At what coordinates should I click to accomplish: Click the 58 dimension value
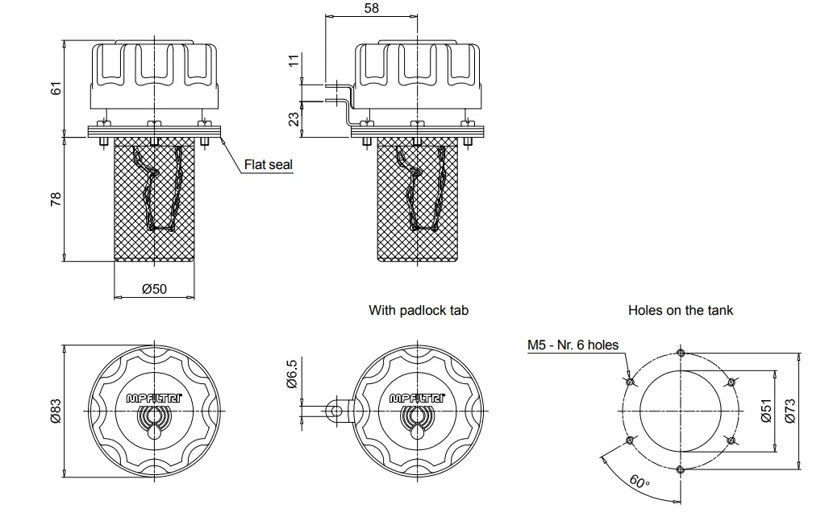pos(371,8)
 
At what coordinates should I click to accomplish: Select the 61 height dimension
pos(56,88)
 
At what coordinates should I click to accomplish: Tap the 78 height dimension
pos(56,199)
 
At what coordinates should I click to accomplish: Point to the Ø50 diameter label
pos(155,288)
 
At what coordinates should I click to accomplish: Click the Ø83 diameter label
pos(56,411)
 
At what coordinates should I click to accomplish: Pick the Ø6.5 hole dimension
pos(292,374)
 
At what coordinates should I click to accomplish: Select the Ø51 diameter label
pos(766,411)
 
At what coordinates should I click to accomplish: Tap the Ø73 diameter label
pos(790,411)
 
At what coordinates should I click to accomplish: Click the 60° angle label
pos(639,481)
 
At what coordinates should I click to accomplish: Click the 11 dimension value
pos(294,60)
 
